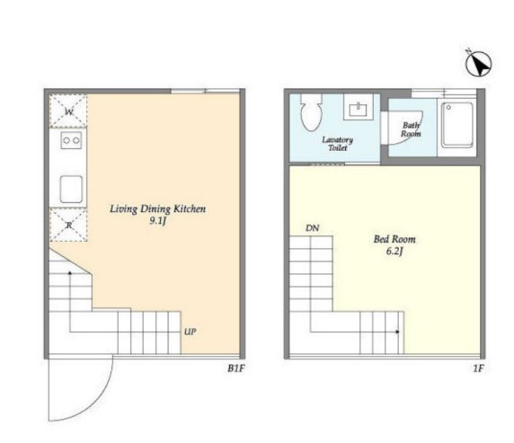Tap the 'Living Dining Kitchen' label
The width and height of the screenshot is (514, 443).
[157, 208]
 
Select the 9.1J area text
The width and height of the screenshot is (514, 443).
[157, 221]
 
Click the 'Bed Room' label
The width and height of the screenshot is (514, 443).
[394, 239]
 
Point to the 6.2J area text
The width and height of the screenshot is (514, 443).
[394, 252]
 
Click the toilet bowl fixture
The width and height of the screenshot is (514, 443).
[311, 112]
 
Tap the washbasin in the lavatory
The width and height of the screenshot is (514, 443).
[359, 107]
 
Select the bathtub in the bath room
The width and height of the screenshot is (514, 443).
[457, 125]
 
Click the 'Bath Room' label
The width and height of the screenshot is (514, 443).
[411, 129]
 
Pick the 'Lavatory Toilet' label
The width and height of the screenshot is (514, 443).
[337, 144]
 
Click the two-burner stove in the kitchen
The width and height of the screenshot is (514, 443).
[71, 140]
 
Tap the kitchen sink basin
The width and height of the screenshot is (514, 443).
[71, 190]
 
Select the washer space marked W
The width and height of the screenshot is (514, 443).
[68, 111]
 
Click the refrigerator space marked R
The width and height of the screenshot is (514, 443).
[68, 225]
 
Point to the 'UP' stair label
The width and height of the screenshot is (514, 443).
[191, 332]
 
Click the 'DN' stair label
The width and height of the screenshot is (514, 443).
[312, 228]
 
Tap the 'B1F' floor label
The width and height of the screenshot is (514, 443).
[236, 368]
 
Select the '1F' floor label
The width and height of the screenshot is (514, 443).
[478, 368]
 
